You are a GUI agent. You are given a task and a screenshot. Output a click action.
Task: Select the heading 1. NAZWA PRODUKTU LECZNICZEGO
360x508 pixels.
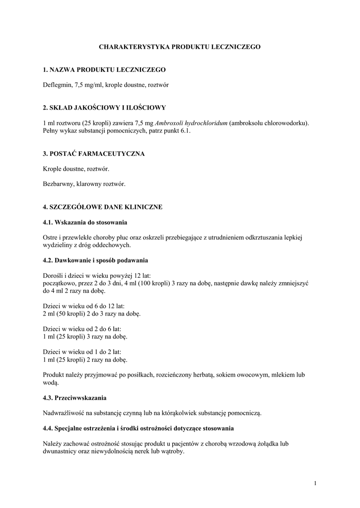pos(104,69)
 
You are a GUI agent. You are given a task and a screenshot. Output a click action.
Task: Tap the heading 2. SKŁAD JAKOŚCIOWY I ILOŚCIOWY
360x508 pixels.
pos(104,107)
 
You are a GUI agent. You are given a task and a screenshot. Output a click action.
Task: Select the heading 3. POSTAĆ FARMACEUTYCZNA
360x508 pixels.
pos(94,154)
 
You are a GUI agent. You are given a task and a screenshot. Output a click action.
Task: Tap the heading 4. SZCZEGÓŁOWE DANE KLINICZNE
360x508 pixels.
pos(103,206)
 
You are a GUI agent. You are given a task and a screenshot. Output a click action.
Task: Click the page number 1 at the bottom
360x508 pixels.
pos(315,483)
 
